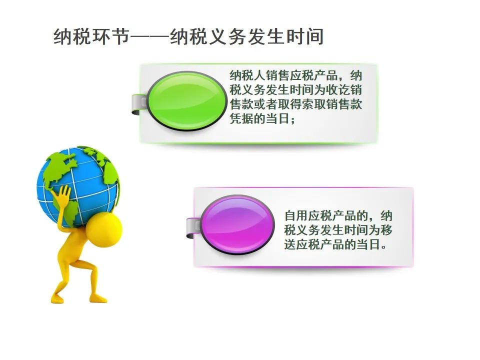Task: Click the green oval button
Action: [x=186, y=101]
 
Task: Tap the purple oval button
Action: [x=237, y=224]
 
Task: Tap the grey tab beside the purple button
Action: [x=193, y=228]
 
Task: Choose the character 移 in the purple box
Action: [x=386, y=230]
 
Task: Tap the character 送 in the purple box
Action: [x=290, y=244]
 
